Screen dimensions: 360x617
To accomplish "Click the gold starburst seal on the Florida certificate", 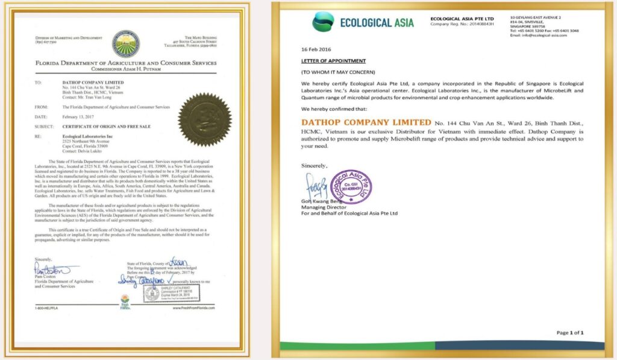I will point(204,119).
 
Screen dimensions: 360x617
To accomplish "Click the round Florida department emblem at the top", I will point(126,43).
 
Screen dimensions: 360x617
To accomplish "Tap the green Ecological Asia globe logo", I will point(323,22).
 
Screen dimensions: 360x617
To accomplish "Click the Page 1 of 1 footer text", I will point(569,332).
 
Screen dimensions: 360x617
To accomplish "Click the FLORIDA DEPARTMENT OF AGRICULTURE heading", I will point(125,63).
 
